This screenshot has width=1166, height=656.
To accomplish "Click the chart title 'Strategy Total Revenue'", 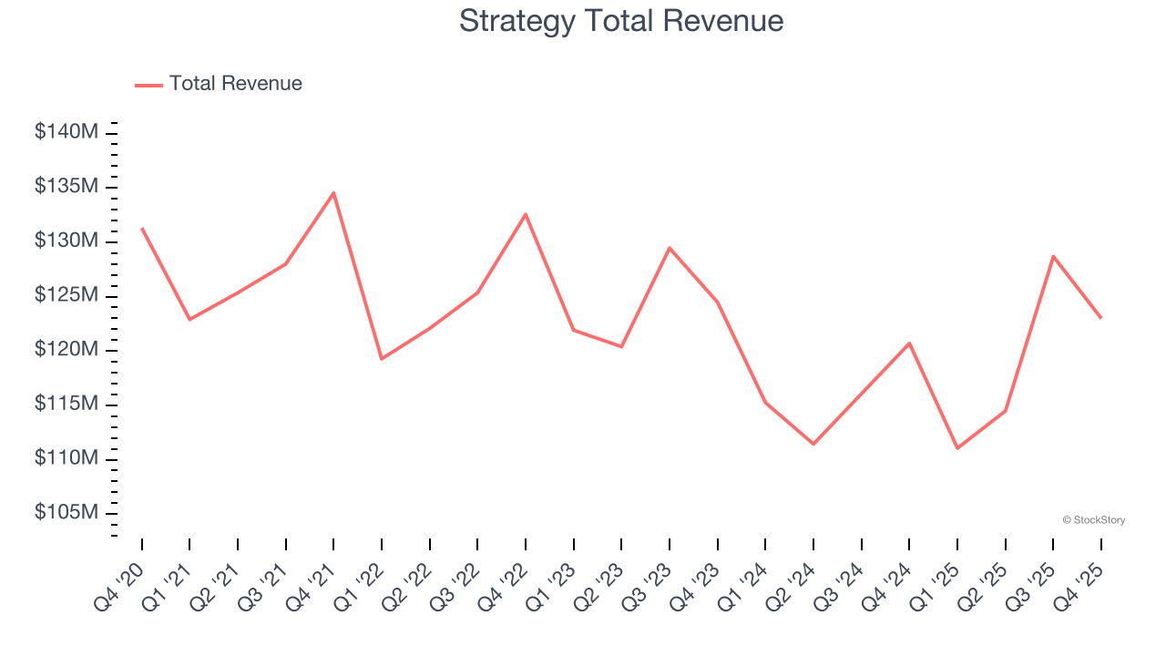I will (621, 21).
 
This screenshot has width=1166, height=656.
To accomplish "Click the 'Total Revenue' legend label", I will (235, 84).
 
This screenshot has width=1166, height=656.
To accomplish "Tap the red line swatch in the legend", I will (148, 85).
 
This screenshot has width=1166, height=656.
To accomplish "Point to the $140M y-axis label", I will (66, 132).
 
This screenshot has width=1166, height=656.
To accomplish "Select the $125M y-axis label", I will (66, 295).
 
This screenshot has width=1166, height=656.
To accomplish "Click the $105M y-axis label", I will (66, 513).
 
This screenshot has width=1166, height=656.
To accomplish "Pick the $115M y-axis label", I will (66, 404).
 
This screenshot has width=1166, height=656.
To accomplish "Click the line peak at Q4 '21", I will (333, 193).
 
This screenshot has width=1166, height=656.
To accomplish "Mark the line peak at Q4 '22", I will (526, 214).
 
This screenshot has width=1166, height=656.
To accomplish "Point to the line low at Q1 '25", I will (957, 447).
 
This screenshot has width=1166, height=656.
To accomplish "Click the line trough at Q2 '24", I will (813, 444).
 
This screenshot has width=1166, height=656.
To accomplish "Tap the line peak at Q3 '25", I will (1053, 256).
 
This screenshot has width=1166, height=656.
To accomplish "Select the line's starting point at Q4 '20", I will (142, 229).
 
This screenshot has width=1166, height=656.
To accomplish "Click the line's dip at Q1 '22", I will (382, 358).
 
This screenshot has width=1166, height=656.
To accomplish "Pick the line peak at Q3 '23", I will (670, 248).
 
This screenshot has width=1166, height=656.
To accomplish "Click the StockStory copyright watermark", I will (1093, 520).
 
